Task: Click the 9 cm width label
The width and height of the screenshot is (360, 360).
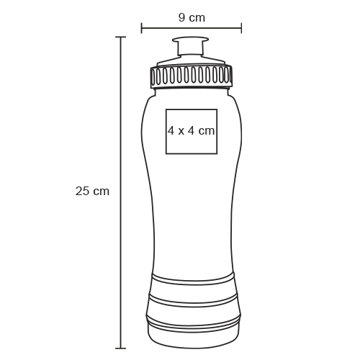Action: click(x=192, y=18)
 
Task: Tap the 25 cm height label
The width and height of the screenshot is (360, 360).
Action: click(x=92, y=192)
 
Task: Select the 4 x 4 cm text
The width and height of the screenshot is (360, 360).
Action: click(x=192, y=131)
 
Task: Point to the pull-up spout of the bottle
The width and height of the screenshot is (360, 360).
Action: click(x=190, y=47)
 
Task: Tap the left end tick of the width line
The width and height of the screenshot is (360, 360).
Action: click(x=142, y=28)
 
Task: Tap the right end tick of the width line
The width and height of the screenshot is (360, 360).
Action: click(x=241, y=28)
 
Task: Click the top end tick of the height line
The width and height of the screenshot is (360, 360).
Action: click(x=120, y=37)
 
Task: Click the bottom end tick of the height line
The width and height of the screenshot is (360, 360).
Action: click(x=120, y=348)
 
